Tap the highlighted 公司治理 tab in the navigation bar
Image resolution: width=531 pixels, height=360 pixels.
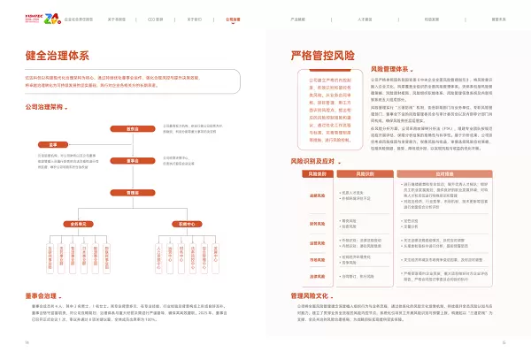point(233,17)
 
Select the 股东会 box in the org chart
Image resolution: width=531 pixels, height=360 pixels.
point(133,129)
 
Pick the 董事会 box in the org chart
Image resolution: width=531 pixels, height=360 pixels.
point(133,162)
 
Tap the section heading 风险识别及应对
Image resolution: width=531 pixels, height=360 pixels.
point(314,162)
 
